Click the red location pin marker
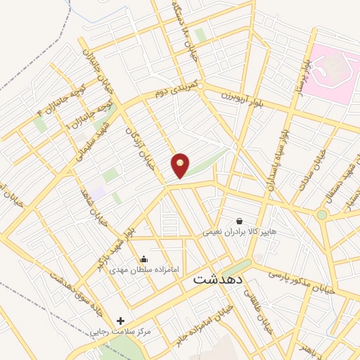point(181,165)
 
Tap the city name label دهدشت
point(217,278)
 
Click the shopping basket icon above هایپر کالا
point(239,221)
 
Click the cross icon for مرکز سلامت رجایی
point(121,321)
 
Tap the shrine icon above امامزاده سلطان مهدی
point(145,259)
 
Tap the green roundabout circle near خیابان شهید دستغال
point(322,214)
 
